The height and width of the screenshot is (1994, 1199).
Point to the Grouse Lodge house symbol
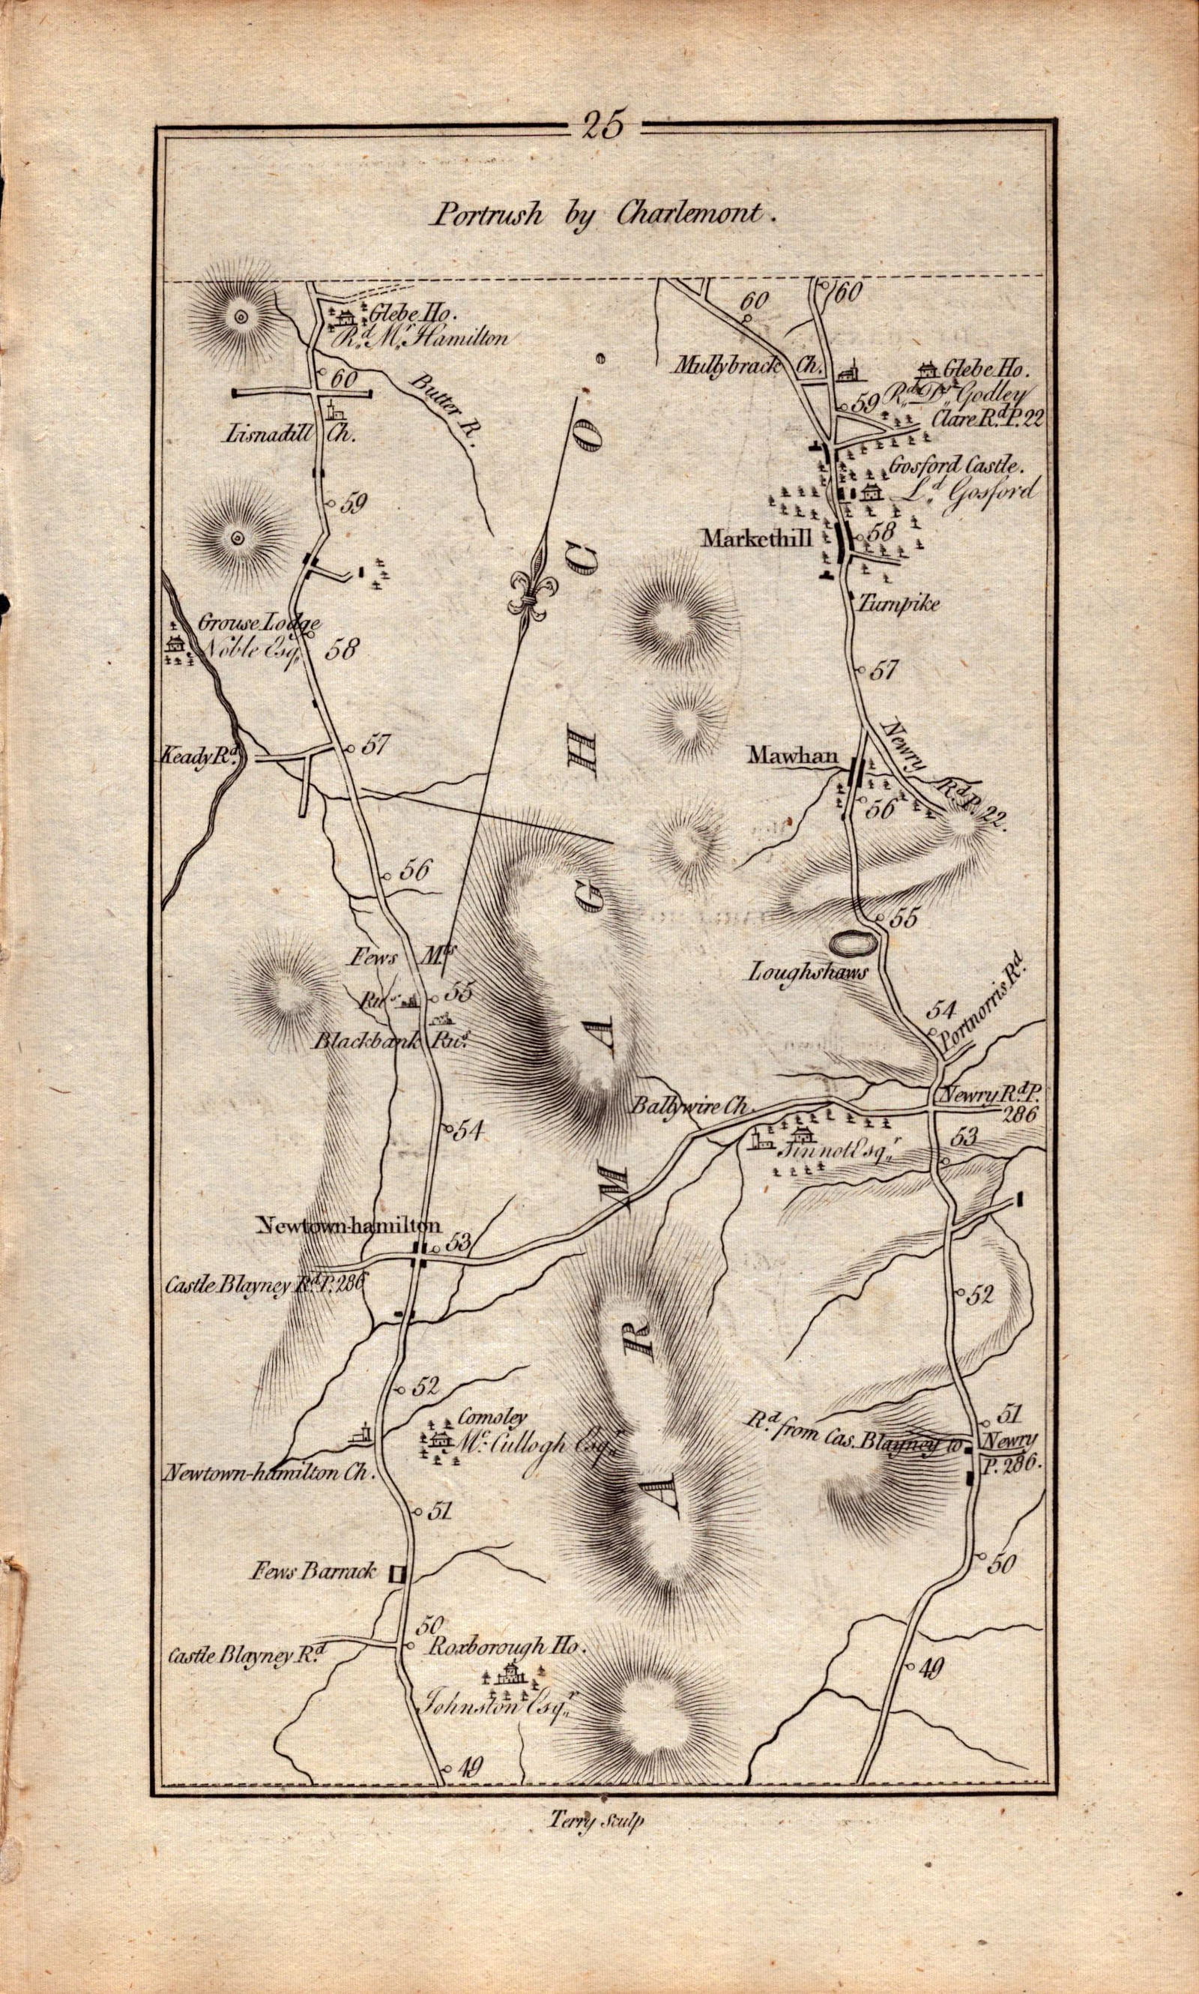174,643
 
